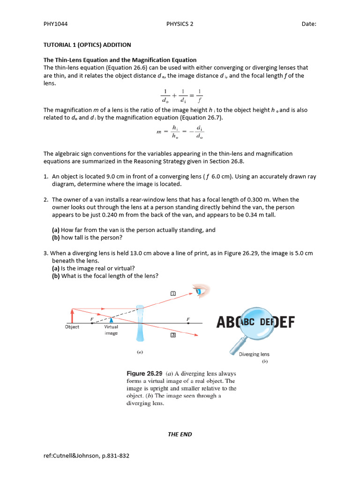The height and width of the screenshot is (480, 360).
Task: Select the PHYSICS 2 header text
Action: (x=180, y=24)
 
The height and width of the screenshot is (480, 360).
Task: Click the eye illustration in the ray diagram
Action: (x=202, y=291)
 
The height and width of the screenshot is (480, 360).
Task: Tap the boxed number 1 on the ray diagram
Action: (x=173, y=293)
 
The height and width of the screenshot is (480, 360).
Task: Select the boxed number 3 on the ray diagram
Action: (x=172, y=335)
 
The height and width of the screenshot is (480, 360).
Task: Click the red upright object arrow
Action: (x=72, y=315)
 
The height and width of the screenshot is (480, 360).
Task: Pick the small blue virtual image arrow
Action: (x=111, y=319)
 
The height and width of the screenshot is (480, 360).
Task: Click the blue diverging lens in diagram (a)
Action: (x=140, y=323)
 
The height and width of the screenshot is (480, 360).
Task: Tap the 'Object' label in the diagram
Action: (x=72, y=327)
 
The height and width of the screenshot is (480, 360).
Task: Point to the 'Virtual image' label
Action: (x=111, y=330)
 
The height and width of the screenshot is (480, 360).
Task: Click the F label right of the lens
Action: (x=188, y=319)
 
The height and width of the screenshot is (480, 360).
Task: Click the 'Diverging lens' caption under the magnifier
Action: (x=254, y=354)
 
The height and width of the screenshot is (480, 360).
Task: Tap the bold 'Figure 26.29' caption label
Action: (x=145, y=374)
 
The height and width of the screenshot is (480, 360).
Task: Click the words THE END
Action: (x=180, y=434)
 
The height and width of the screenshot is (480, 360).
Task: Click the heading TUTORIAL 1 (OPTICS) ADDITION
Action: (x=87, y=45)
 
